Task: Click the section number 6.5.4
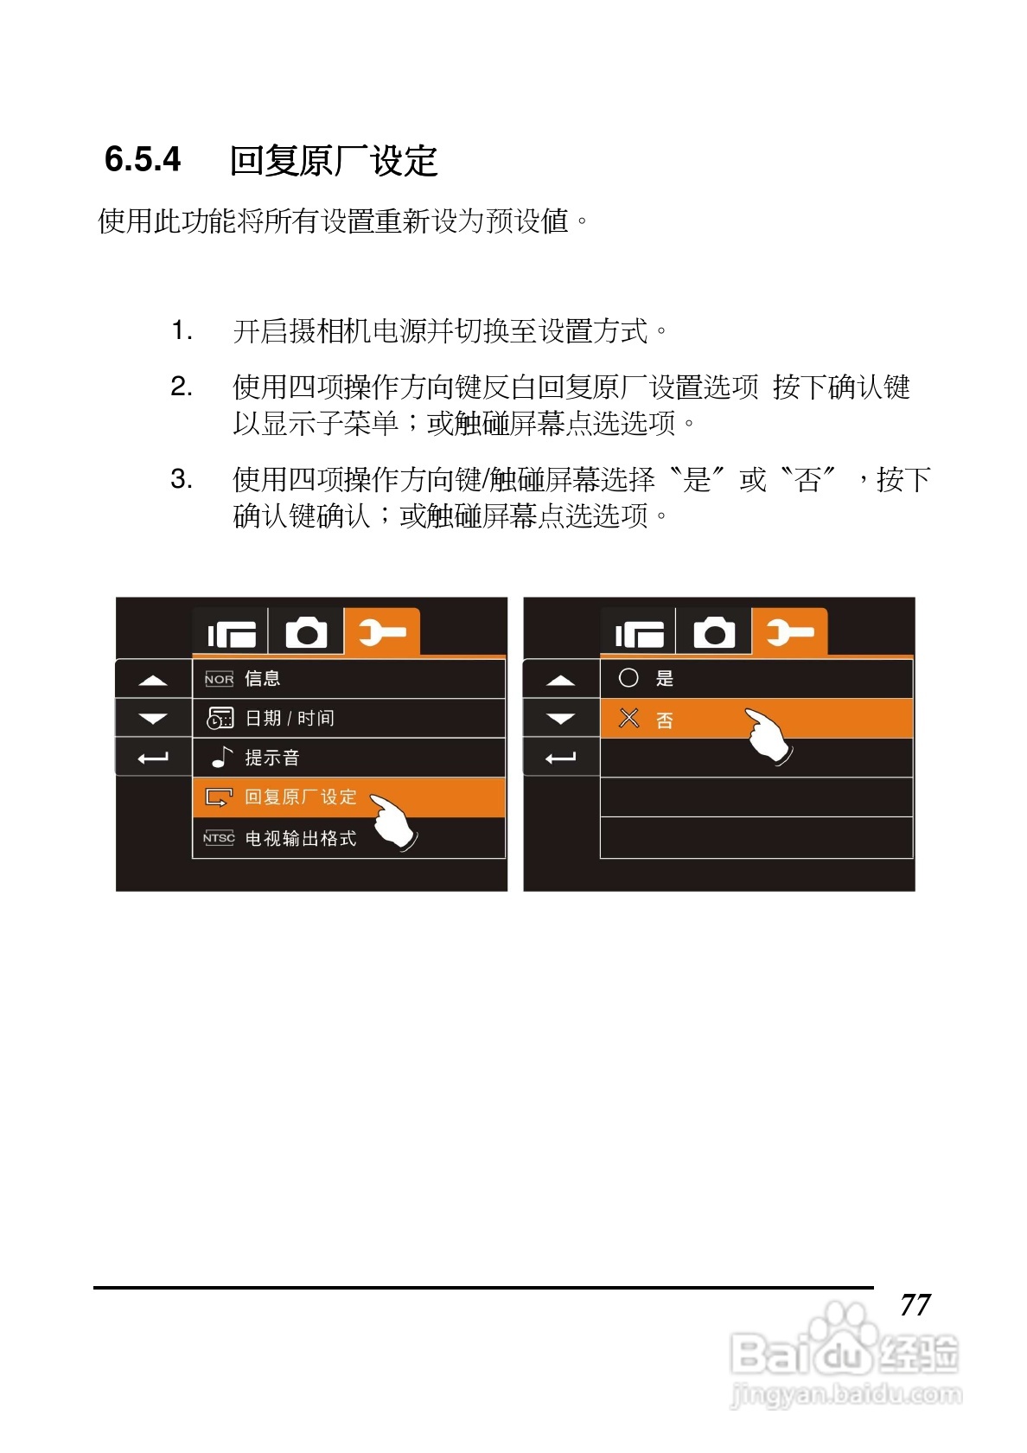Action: [143, 160]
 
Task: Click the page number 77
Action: [915, 1304]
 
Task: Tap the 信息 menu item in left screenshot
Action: [262, 679]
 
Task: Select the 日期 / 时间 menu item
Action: [290, 718]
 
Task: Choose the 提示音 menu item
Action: [271, 758]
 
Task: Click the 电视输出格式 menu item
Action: [300, 838]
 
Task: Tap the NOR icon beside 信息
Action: [219, 679]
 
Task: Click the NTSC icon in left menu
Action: [219, 838]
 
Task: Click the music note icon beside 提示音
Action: [222, 758]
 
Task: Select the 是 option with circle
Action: [664, 679]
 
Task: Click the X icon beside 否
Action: [628, 718]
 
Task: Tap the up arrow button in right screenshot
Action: [561, 680]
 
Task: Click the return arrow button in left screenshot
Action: [153, 759]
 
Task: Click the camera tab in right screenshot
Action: [713, 633]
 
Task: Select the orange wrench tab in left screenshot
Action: [381, 632]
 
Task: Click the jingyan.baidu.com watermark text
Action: [845, 1394]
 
